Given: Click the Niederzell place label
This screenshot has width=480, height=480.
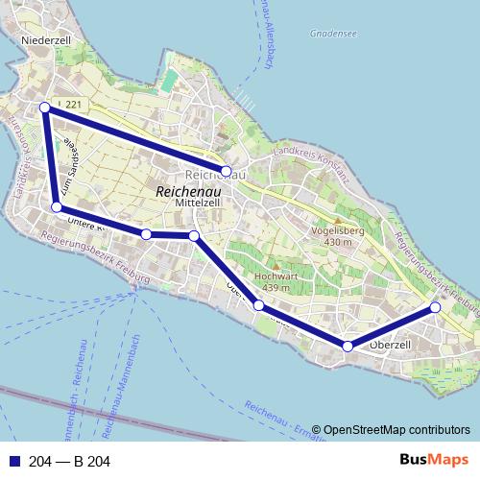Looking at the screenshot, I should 47,41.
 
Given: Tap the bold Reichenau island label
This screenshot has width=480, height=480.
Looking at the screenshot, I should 188,192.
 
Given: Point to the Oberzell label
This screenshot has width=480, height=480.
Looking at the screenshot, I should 390,345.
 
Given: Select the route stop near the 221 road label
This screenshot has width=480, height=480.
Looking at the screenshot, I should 44,108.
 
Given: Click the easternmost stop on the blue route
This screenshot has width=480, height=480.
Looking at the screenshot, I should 435,307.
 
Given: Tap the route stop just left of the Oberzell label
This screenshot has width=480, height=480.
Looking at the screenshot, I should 348,346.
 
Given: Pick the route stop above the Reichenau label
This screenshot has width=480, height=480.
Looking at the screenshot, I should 227,171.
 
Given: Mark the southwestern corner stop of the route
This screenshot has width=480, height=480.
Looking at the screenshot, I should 57,207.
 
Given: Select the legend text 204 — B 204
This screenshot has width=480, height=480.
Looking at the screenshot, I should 70,462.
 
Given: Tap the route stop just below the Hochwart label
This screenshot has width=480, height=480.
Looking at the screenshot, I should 258,305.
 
